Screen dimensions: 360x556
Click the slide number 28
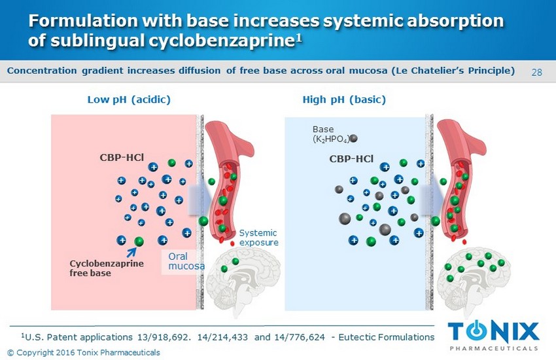tap(537, 71)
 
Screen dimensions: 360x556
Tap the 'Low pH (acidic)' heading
tap(129, 99)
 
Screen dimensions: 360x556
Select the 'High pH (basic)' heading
tap(344, 99)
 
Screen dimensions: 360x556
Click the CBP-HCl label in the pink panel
tap(122, 158)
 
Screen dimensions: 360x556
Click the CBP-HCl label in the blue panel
tap(351, 158)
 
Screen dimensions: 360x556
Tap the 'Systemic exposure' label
tap(258, 237)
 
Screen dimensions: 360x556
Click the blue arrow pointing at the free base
tap(128, 252)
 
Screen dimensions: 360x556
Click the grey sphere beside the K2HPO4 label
tap(354, 138)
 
